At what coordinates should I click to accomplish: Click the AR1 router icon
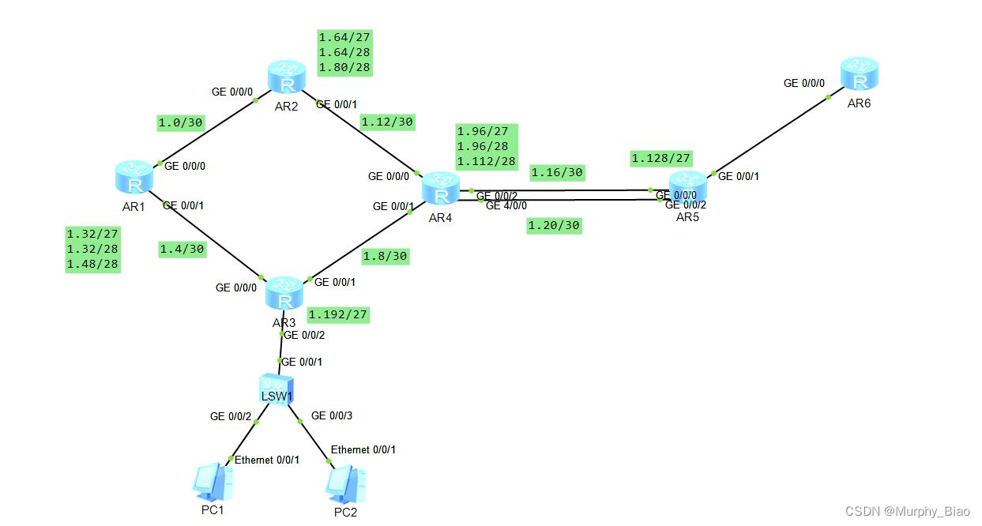coord(134,177)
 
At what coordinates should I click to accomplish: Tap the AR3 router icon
coord(284,295)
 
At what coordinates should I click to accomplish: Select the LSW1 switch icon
coord(277,389)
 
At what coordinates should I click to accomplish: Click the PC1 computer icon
coord(213,483)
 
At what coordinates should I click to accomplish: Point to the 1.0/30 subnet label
coord(181,122)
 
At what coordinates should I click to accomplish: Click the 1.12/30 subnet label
coord(387,122)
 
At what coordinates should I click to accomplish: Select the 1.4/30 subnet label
coord(182,249)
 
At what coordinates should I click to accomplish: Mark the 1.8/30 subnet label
coord(386,256)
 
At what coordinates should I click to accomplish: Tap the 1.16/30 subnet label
coord(556,172)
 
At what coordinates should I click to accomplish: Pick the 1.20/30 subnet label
coord(554,226)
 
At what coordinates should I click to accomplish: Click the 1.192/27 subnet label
coord(339,314)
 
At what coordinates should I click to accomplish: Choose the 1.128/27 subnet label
coord(661,159)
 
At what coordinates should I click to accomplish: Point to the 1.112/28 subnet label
coord(487,161)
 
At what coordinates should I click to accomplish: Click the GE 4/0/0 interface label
coord(506,205)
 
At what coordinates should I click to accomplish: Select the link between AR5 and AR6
coord(770,135)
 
